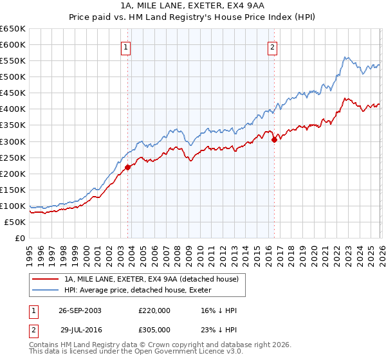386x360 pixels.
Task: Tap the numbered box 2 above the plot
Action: click(x=273, y=46)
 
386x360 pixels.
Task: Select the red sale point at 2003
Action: click(x=127, y=167)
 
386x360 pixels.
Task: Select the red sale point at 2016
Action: click(x=274, y=139)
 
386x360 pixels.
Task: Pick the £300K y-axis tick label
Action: click(x=14, y=141)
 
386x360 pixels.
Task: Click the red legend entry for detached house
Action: click(x=151, y=279)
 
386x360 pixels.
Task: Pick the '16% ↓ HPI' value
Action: click(x=219, y=310)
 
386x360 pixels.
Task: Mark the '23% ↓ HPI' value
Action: click(x=219, y=328)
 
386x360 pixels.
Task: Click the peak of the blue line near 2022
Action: click(x=345, y=58)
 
